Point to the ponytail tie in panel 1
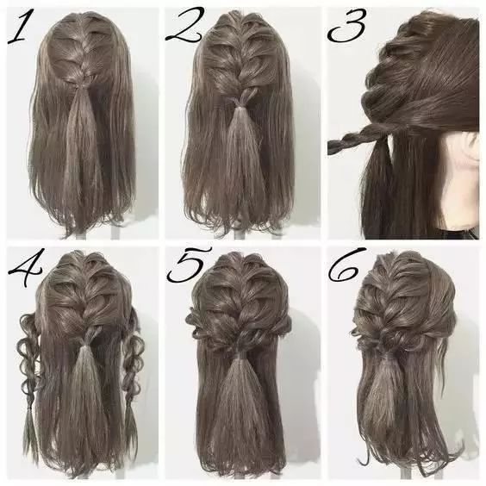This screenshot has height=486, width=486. click(78, 87)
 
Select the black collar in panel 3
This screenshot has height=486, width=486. click(458, 233)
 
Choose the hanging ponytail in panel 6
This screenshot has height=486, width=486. click(380, 396)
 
